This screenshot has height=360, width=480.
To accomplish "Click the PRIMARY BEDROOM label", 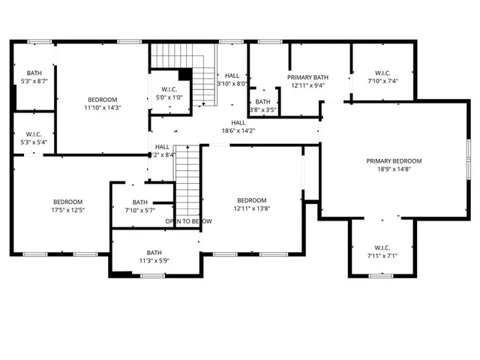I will coord(394,160).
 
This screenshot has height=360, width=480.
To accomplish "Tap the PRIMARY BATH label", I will coord(307,77).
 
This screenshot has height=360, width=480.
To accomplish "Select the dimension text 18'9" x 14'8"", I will coord(394,169).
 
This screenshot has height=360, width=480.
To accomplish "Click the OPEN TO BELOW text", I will coord(188,221).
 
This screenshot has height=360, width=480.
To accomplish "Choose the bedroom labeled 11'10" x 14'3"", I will coord(102,100).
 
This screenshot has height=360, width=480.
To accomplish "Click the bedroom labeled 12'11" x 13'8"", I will coord(251,200).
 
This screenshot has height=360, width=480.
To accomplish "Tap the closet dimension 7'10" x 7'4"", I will coord(382,81).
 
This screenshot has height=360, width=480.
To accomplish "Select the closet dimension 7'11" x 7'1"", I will coord(382,256).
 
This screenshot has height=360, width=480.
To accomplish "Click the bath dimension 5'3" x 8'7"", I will coord(34,81).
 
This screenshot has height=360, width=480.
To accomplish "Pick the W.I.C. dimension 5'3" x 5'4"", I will coord(34,142).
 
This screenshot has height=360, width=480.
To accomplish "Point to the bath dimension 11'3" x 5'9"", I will coord(154,260).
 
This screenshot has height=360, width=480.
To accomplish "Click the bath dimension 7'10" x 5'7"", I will coord(140,210).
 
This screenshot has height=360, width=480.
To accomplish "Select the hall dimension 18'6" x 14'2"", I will coord(238,131).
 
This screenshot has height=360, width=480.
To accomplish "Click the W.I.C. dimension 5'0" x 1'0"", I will coord(169,97).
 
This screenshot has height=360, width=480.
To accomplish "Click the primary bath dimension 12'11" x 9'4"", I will coord(307,85).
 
